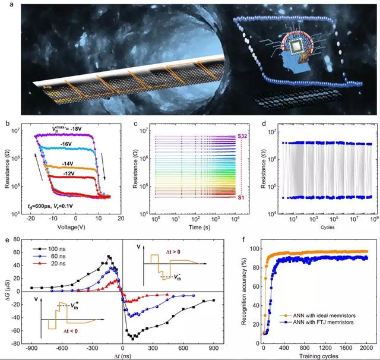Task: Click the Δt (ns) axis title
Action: (122, 355)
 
